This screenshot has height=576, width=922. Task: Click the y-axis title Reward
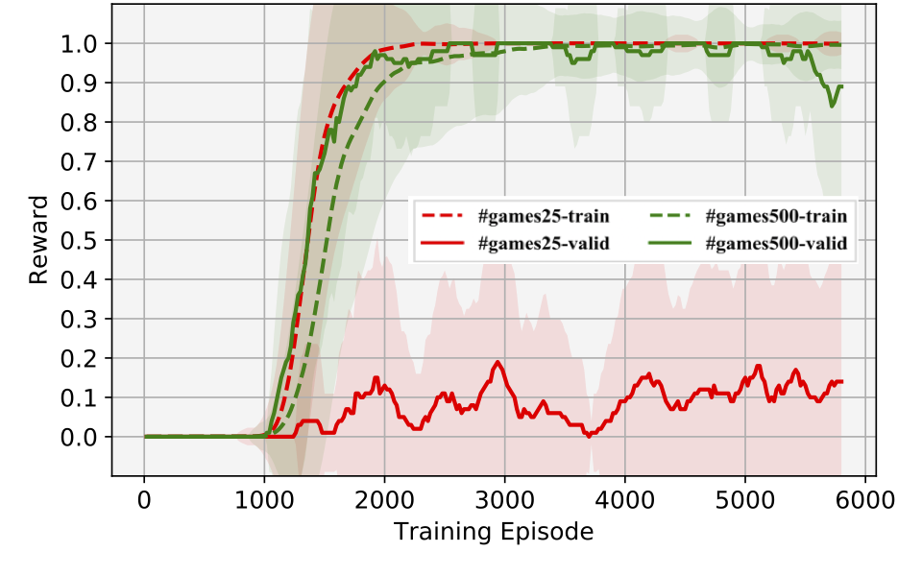(38, 240)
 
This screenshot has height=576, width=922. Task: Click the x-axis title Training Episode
(492, 531)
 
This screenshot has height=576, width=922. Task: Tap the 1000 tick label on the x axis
(264, 500)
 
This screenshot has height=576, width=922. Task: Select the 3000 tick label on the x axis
(504, 500)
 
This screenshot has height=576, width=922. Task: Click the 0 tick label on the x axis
(144, 500)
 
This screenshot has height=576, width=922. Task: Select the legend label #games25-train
(543, 216)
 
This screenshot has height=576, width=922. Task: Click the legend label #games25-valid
(543, 244)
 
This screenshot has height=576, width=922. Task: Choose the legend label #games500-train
(776, 216)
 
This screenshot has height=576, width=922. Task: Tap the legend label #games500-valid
(776, 244)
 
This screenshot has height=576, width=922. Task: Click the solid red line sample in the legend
(443, 244)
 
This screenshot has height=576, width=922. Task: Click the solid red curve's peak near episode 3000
(497, 363)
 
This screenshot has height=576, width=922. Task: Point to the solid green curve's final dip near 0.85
(832, 105)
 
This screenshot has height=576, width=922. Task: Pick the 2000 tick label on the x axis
(384, 500)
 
